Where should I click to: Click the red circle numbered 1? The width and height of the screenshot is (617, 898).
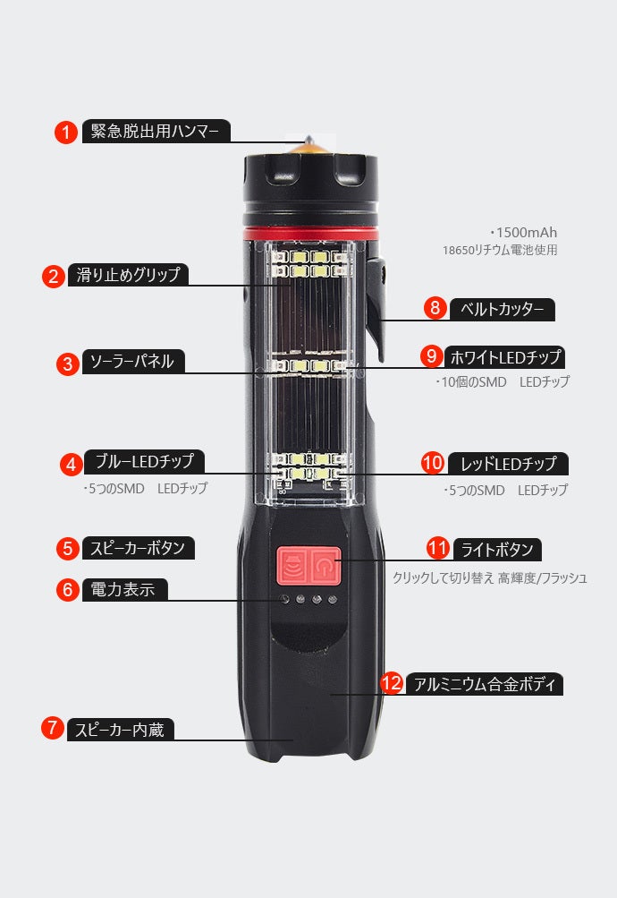[x=66, y=133]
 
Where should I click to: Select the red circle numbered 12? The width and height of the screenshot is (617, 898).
[x=392, y=682]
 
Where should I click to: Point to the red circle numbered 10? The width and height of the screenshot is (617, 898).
[x=432, y=463]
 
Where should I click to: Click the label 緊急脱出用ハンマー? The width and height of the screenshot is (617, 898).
[x=156, y=131]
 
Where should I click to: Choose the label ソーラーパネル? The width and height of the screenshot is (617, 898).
[x=133, y=362]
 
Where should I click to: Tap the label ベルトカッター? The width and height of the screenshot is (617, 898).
[x=502, y=309]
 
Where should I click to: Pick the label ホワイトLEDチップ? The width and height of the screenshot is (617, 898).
[x=505, y=357]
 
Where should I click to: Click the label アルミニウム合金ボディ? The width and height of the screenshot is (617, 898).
[x=485, y=684]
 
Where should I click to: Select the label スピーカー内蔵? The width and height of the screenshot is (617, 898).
[x=120, y=730]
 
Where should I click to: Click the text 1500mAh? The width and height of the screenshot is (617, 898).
[x=526, y=233]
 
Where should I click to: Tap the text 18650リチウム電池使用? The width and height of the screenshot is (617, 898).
[x=500, y=251]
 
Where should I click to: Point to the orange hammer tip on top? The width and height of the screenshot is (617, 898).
[x=309, y=147]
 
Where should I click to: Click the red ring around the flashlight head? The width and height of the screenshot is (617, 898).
[x=311, y=233]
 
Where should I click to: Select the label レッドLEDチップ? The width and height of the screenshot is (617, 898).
[x=508, y=463]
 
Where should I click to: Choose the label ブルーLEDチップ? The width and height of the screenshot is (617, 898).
[x=144, y=461]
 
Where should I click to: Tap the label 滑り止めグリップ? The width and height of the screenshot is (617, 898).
[x=128, y=275]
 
